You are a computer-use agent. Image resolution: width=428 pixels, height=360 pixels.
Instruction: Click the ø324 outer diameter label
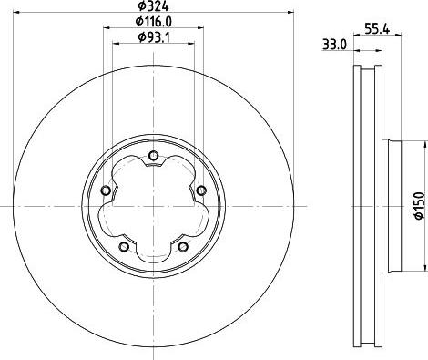pos(152,6)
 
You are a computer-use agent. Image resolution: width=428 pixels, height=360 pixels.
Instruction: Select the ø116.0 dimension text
pos(153,21)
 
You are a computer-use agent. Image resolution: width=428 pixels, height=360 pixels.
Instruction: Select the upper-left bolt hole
pos(106,190)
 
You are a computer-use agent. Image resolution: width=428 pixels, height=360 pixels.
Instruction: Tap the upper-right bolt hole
pos(200,190)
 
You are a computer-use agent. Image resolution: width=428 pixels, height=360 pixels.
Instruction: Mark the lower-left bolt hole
pos(123,245)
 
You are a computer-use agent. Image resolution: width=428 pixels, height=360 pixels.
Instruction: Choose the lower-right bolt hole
pos(182,245)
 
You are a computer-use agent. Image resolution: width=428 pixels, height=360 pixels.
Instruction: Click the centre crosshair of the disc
pos(153,207)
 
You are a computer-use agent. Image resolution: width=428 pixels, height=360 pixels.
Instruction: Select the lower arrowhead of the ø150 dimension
pos(425,270)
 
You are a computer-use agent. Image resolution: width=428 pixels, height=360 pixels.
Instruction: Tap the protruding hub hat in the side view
pos(393,207)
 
